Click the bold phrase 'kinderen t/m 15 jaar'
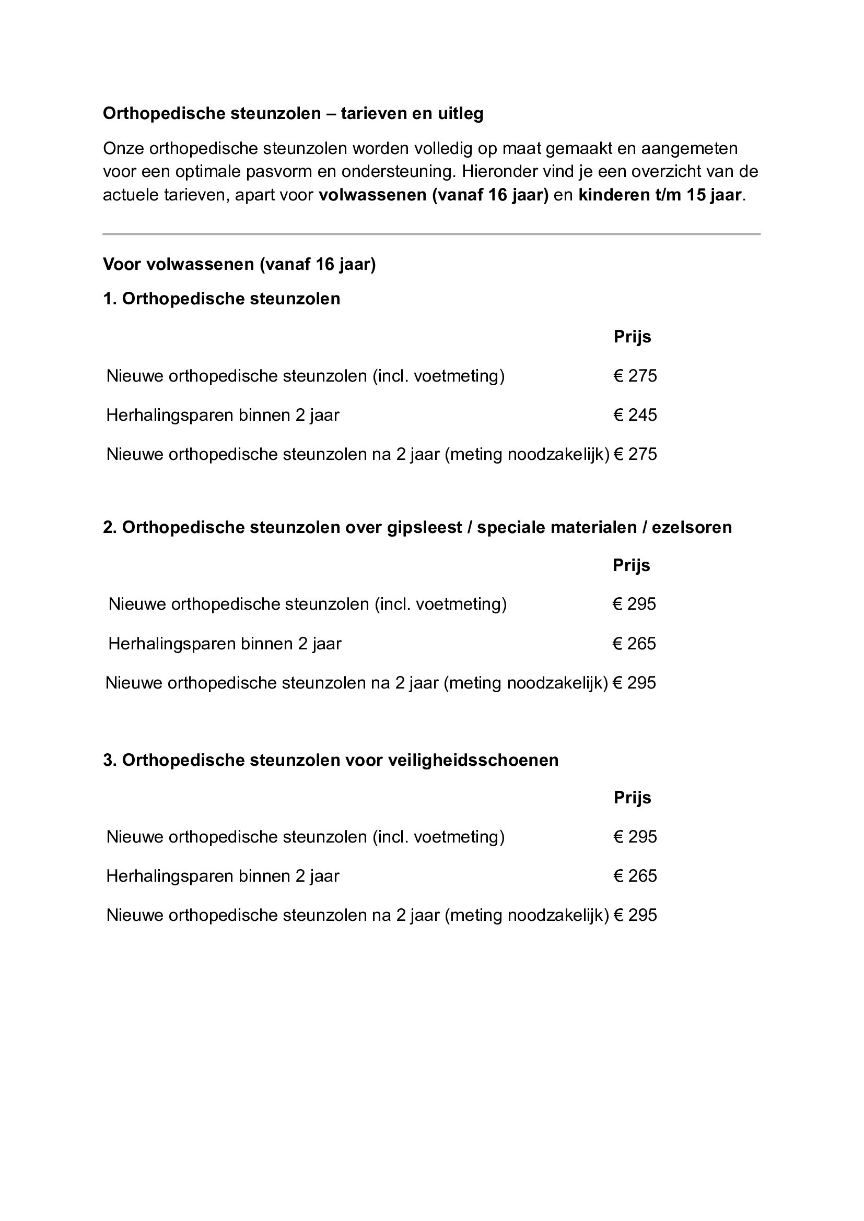click(660, 195)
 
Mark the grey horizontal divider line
click(431, 234)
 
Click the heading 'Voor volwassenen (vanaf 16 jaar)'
click(239, 264)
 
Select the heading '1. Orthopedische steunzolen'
click(221, 299)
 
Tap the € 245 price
click(635, 416)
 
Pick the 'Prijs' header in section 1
click(633, 337)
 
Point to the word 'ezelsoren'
click(692, 528)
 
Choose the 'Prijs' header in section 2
click(632, 565)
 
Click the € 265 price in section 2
click(634, 644)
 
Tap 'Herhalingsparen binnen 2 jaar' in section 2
click(225, 644)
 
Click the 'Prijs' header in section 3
click(633, 798)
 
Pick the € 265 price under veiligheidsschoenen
click(635, 876)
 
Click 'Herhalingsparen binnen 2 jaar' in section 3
click(223, 876)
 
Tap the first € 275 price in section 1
click(635, 376)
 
